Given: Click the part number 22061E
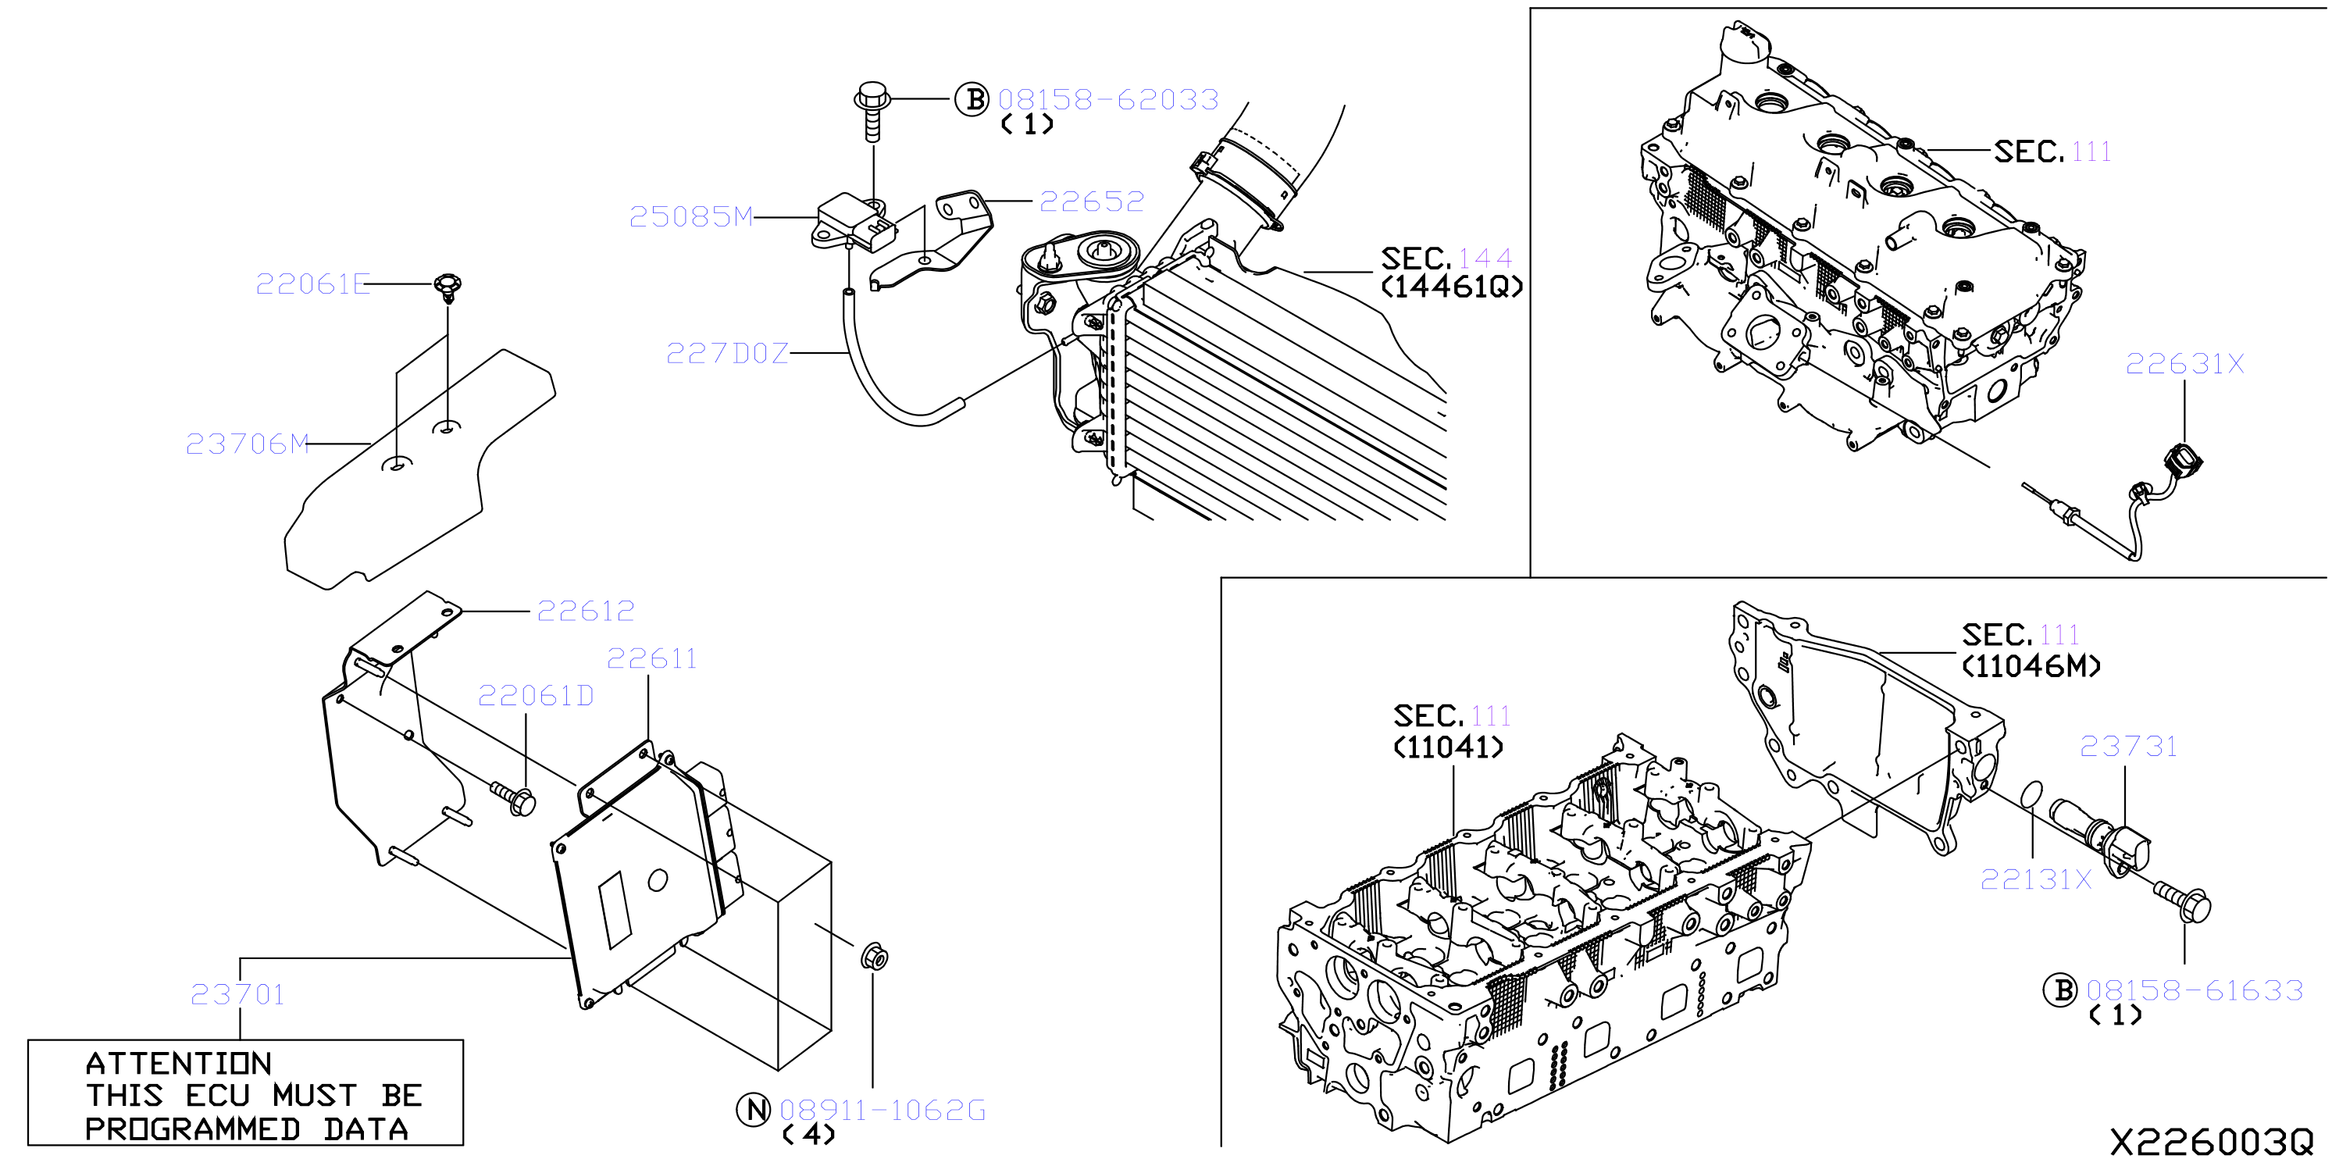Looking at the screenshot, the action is pyautogui.click(x=312, y=284).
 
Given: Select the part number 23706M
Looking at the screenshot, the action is pyautogui.click(x=247, y=444).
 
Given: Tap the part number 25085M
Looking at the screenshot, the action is pyautogui.click(x=690, y=216).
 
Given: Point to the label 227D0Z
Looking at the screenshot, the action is pyautogui.click(x=727, y=353).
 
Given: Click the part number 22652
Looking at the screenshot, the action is pyautogui.click(x=1092, y=201).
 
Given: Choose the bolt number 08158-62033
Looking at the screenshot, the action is pyautogui.click(x=1108, y=100).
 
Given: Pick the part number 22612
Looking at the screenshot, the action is pyautogui.click(x=586, y=612).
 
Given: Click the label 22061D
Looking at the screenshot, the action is pyautogui.click(x=536, y=695).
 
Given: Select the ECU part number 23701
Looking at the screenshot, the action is pyautogui.click(x=237, y=994).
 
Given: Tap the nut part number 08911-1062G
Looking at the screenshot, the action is pyautogui.click(x=882, y=1110).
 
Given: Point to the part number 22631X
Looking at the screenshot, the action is pyautogui.click(x=2184, y=364).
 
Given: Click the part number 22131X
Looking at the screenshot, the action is pyautogui.click(x=2036, y=879).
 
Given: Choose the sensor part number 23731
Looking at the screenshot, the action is pyautogui.click(x=2128, y=746).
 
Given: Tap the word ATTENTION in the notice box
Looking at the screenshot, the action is pyautogui.click(x=178, y=1063).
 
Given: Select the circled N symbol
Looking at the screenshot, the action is pyautogui.click(x=753, y=1109).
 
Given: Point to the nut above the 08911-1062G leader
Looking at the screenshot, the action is pyautogui.click(x=874, y=956).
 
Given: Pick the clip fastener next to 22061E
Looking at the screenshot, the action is pyautogui.click(x=448, y=288).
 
